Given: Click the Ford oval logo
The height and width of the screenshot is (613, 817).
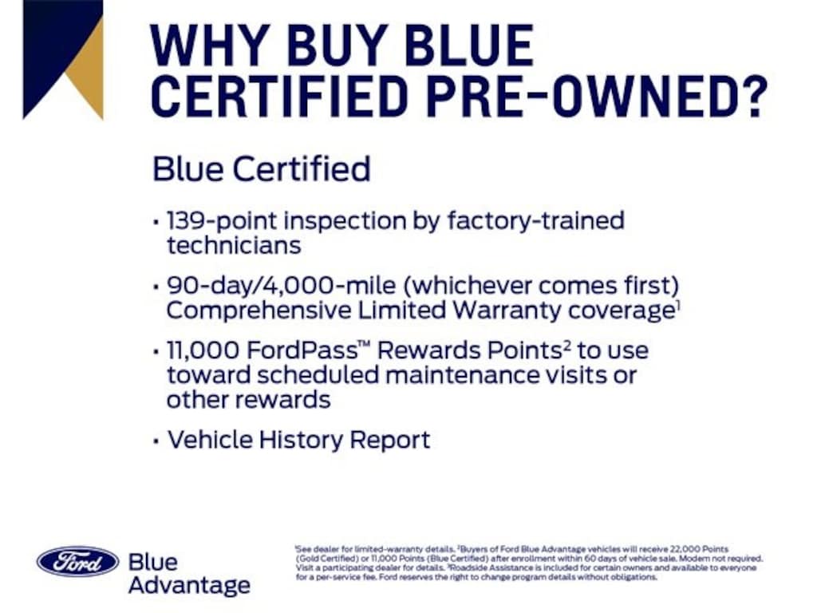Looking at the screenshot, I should click(x=77, y=561).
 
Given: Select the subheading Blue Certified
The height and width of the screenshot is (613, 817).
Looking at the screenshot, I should click(x=261, y=169).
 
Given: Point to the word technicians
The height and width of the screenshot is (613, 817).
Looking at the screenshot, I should click(x=233, y=246).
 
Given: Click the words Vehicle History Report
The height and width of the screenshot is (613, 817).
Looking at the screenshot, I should click(x=298, y=440).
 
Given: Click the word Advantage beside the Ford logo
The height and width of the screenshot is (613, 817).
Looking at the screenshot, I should click(x=189, y=585).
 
